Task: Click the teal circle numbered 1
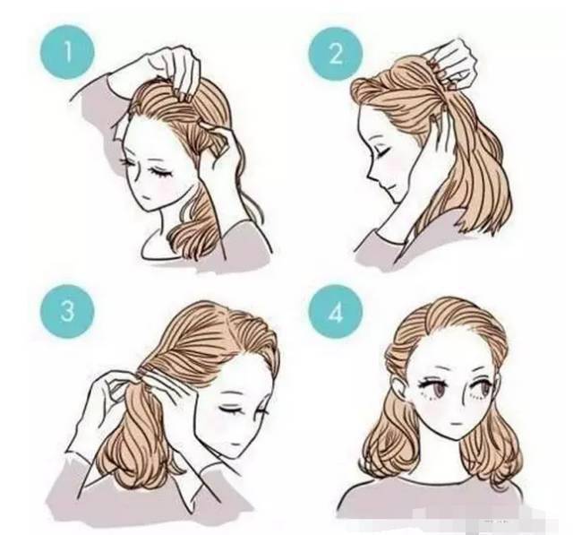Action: click(x=67, y=52)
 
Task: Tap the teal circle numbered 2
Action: click(x=336, y=54)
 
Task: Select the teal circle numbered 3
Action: click(x=67, y=311)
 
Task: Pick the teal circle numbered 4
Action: click(x=336, y=312)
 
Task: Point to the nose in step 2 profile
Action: click(x=370, y=175)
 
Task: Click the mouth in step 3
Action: click(x=235, y=444)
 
